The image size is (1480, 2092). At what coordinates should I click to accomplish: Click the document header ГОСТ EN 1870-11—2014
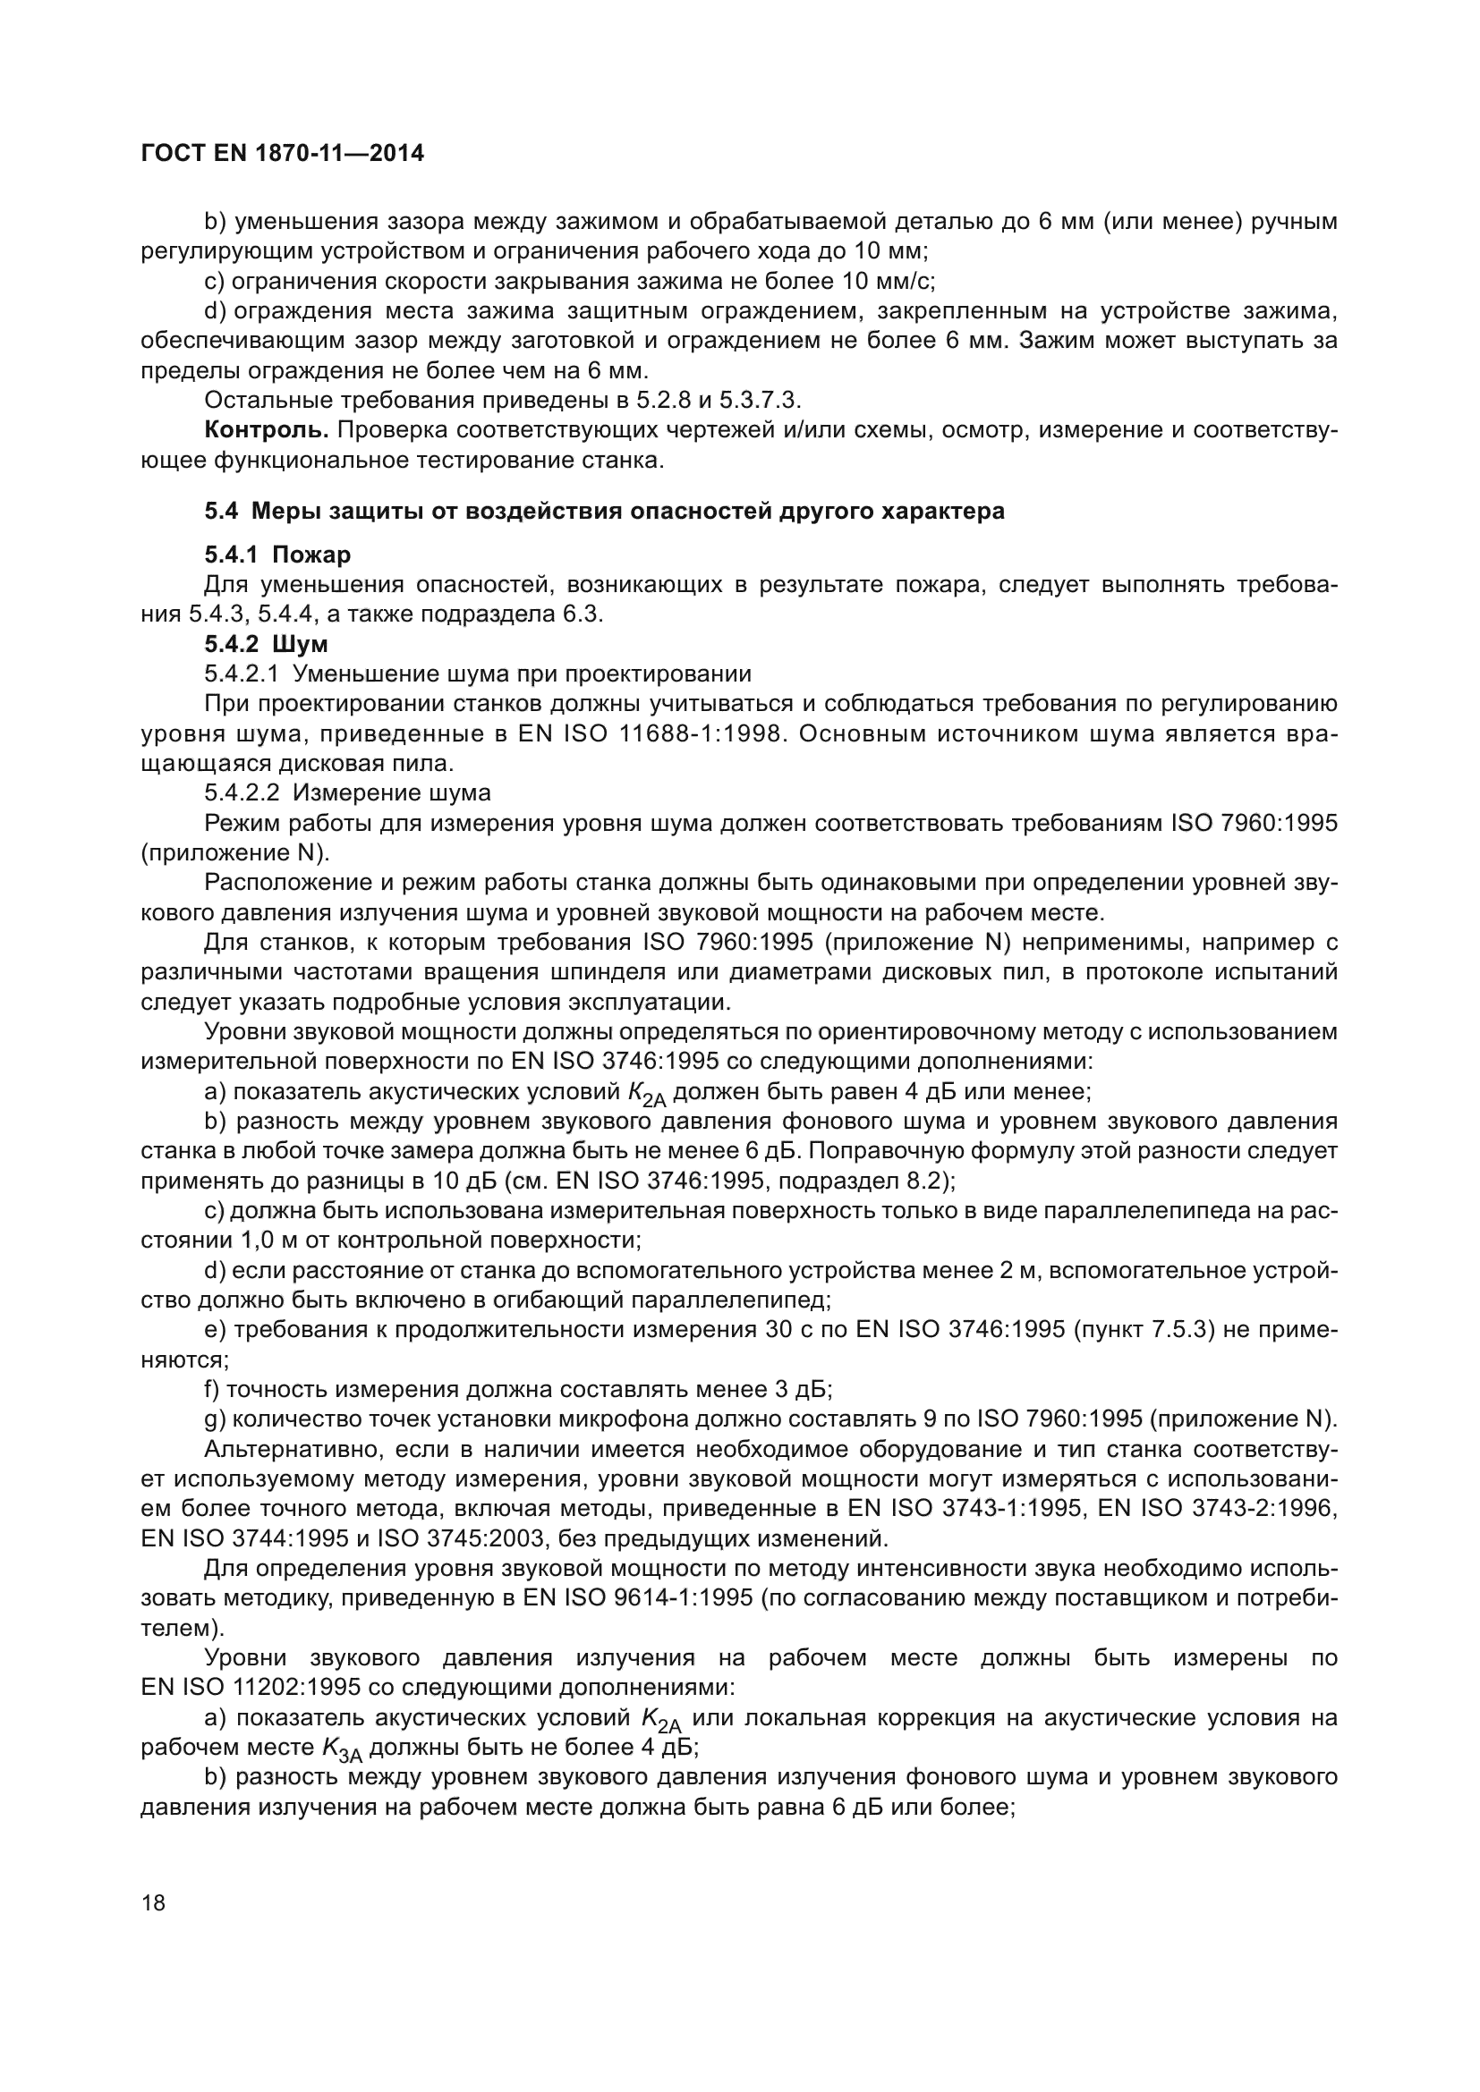click(x=283, y=153)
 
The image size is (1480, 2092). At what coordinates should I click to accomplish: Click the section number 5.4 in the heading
click(x=220, y=512)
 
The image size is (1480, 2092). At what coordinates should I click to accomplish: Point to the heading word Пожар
click(x=311, y=555)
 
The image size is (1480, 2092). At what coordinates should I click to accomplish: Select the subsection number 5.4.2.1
click(x=242, y=674)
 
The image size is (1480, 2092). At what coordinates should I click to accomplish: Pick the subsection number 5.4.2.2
click(x=242, y=792)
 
